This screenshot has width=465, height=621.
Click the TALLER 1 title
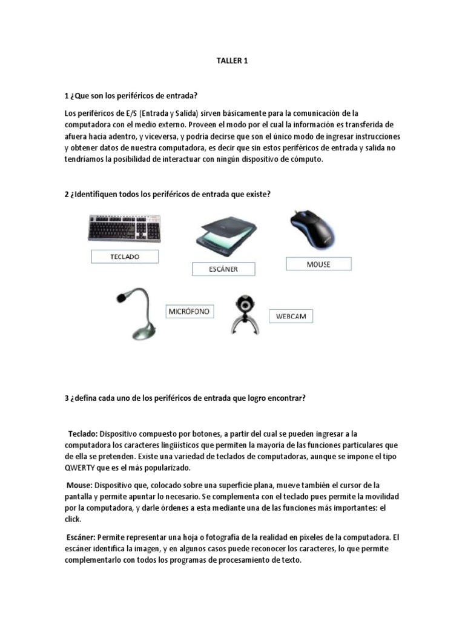(232, 61)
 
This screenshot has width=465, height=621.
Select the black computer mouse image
(314, 228)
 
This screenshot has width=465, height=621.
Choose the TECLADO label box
(125, 257)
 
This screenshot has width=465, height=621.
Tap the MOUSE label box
(318, 264)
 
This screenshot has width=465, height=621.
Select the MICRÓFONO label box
(189, 311)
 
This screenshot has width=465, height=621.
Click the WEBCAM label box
(292, 317)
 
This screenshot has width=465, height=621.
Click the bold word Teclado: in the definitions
(82, 434)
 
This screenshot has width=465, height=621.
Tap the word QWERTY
(81, 468)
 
